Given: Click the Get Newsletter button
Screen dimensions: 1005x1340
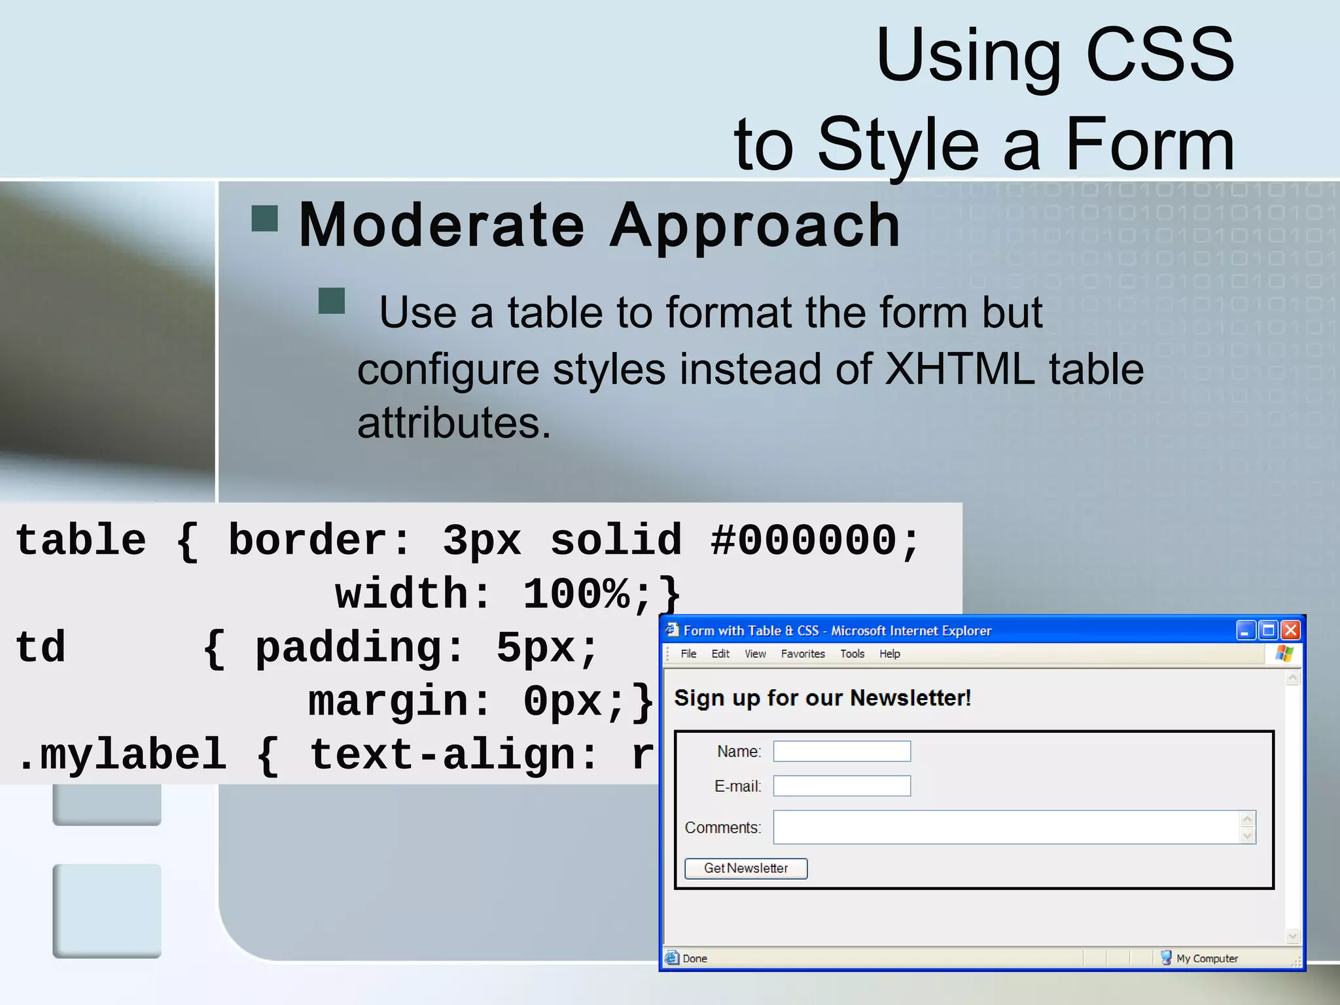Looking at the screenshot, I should point(745,868).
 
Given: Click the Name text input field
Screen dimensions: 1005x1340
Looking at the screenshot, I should point(841,751).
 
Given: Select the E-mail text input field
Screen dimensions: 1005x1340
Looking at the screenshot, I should point(841,786).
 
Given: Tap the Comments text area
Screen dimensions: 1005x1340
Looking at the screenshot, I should point(1006,827).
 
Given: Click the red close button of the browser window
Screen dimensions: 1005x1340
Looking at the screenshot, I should point(1290,630).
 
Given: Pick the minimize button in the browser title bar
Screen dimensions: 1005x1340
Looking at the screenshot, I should point(1245,630).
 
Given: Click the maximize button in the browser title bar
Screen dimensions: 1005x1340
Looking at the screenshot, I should point(1268,630).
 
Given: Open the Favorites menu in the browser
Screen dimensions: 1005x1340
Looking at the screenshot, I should point(803,654).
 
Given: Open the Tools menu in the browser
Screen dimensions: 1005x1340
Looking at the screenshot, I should point(852,654).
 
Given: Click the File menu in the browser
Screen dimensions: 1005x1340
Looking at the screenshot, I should point(688,654).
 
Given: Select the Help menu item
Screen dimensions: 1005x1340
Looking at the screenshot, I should point(889,654).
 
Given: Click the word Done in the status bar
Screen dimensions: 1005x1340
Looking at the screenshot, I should point(695,959).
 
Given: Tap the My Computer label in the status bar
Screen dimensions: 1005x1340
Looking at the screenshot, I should point(1207,959).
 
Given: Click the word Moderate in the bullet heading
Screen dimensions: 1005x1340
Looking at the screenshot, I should point(441,226).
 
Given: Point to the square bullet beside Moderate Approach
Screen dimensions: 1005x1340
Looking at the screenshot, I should point(265,219).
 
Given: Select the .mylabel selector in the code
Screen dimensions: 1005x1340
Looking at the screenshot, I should point(122,755).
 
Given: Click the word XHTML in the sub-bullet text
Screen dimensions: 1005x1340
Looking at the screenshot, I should point(959,370).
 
